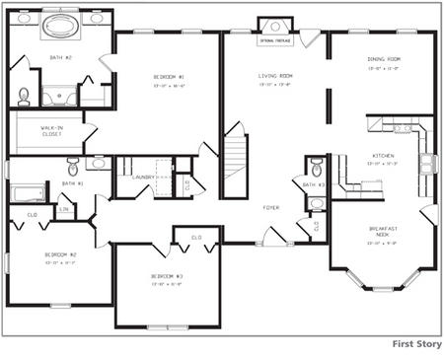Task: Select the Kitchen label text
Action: [384, 156]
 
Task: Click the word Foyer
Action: [270, 208]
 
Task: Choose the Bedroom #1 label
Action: [167, 76]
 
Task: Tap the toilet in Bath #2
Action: [23, 95]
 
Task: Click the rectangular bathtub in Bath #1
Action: [27, 192]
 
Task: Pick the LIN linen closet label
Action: [64, 209]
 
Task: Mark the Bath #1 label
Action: [73, 183]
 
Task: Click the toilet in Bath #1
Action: [73, 166]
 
